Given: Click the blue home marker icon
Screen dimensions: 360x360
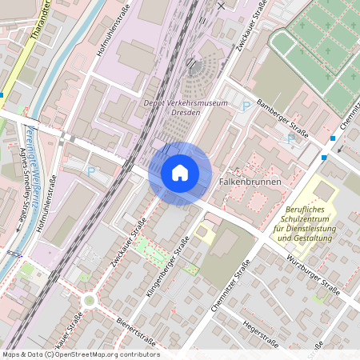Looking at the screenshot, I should click(180, 173).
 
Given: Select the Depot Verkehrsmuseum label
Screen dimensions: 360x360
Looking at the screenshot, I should click(186, 103).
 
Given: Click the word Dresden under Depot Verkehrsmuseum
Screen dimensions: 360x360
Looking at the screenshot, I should click(186, 113).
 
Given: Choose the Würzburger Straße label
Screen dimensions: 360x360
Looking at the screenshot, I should click(314, 273).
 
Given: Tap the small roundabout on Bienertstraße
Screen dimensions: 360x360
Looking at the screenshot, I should click(89, 300).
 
